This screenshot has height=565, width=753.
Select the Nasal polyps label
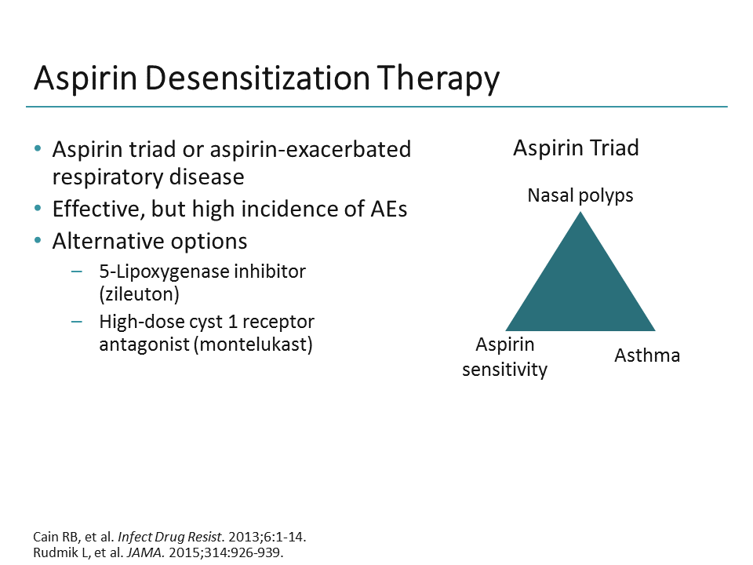pos(580,195)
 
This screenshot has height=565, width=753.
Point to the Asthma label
pos(646,355)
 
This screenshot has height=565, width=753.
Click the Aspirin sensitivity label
pos(504,357)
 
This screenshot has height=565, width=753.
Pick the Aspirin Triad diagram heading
pos(576,148)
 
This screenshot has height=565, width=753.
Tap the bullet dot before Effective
pos(38,210)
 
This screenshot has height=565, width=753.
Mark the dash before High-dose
pos(76,322)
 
